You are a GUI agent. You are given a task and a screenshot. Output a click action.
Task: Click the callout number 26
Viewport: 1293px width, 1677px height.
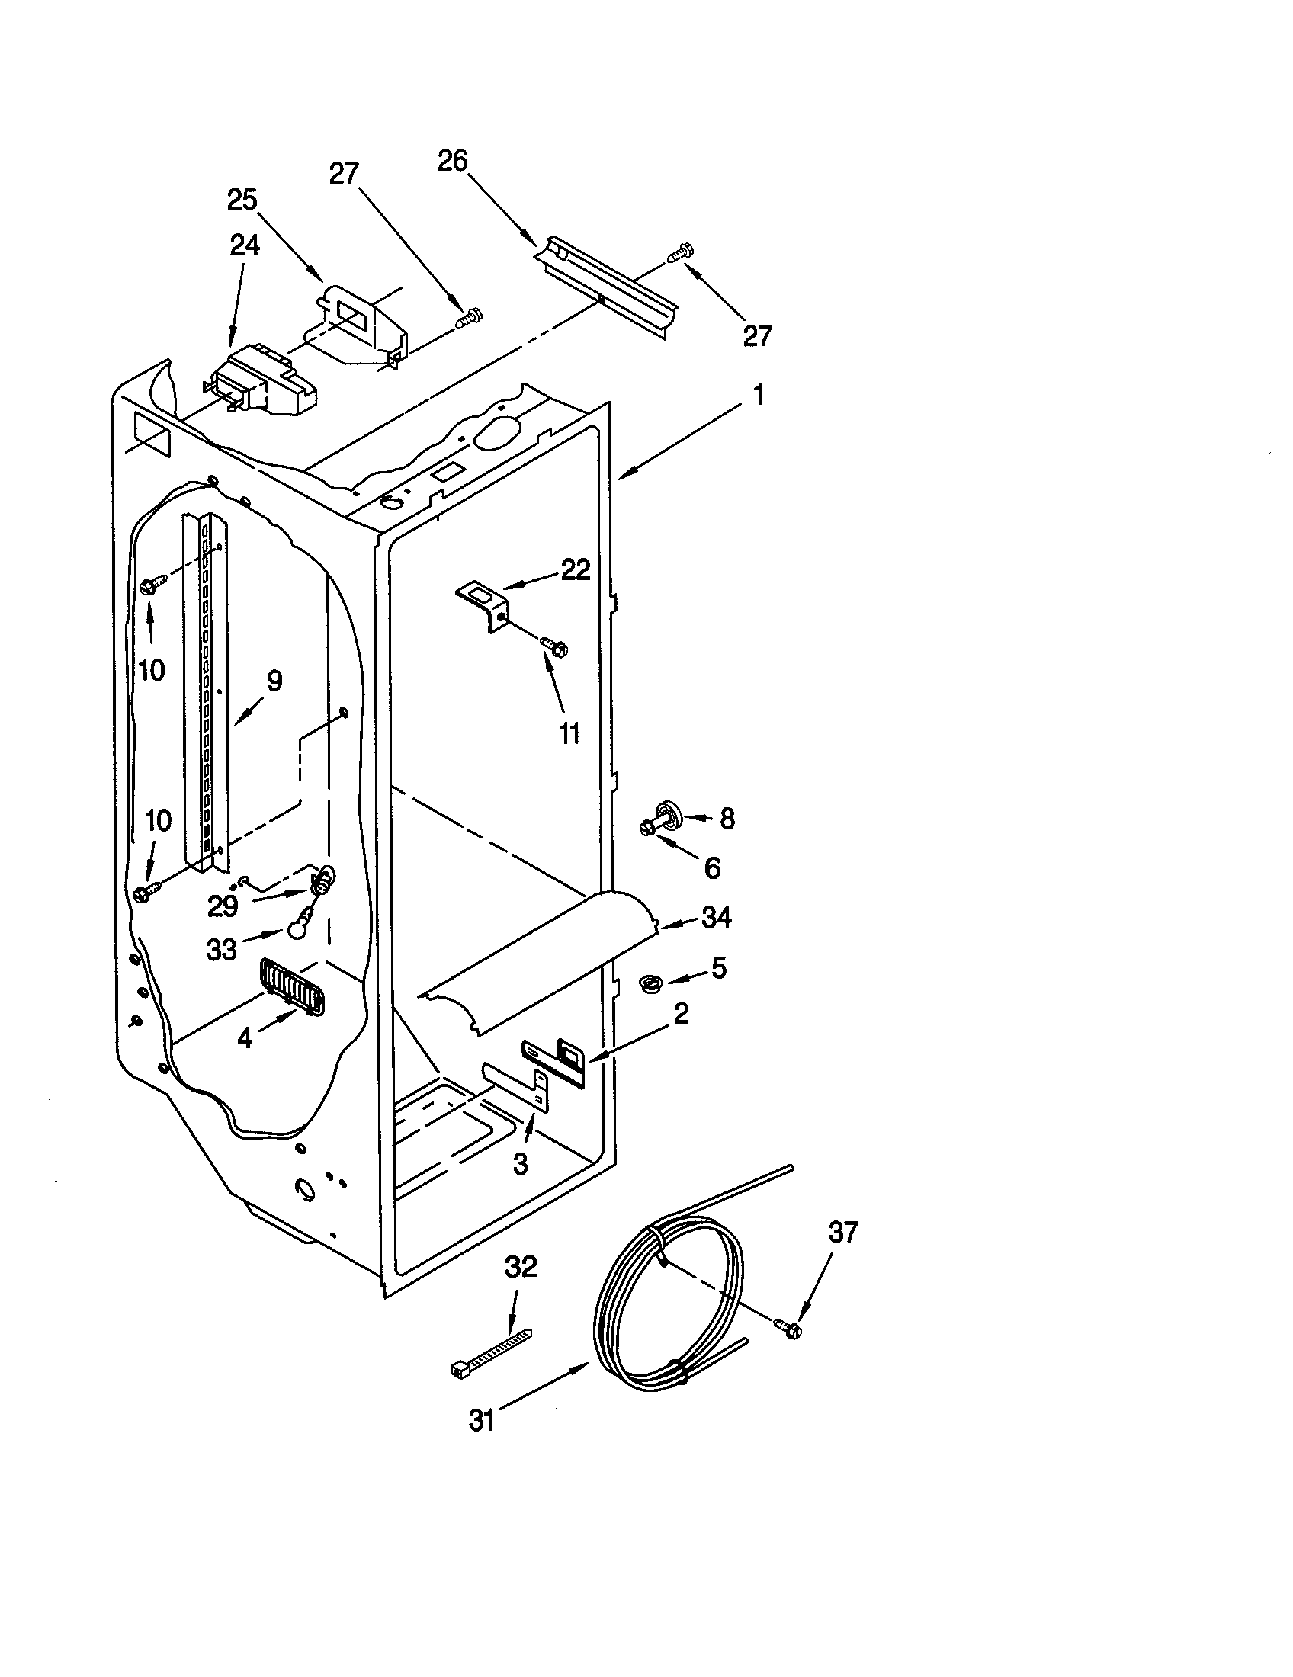[x=453, y=162]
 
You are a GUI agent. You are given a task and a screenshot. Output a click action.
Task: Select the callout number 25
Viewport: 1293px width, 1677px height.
[x=242, y=200]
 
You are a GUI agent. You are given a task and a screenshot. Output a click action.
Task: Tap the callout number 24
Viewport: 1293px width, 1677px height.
[x=244, y=245]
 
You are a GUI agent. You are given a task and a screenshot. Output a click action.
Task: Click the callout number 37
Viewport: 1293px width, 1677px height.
[x=843, y=1233]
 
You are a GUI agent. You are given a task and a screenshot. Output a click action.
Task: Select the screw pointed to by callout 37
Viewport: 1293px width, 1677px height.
[x=788, y=1326]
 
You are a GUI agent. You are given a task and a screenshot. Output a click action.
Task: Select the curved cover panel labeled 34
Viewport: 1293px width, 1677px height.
[x=537, y=964]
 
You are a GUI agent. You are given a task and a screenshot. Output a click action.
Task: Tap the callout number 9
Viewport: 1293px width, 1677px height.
[x=274, y=681]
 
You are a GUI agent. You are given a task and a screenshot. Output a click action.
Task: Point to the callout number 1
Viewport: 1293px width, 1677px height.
[x=758, y=396]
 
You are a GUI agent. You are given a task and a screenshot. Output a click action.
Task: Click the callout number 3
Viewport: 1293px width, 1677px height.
[x=520, y=1164]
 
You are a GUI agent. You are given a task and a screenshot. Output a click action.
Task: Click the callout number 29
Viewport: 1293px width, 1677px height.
[x=223, y=907]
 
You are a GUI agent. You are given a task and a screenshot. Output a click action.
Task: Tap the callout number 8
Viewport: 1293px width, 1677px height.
[x=727, y=819]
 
